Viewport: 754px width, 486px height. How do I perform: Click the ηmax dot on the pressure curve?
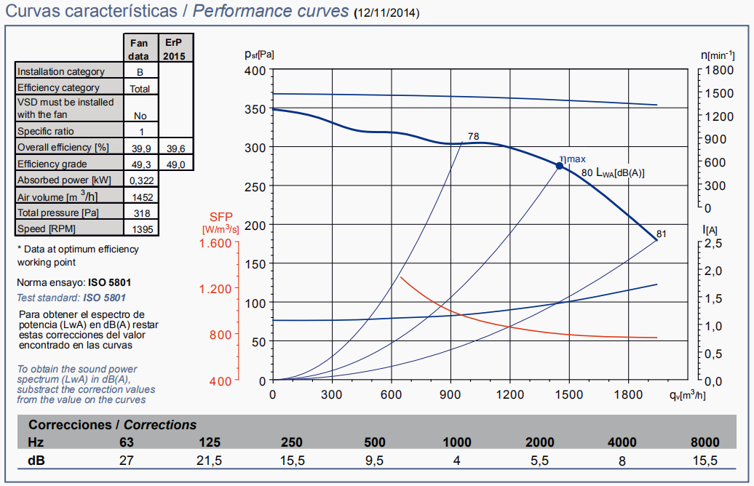coord(560,166)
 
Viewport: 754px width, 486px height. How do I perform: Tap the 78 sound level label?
coord(473,136)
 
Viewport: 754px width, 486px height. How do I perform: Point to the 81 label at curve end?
coord(661,234)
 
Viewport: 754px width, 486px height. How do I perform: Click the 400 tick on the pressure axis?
coord(256,70)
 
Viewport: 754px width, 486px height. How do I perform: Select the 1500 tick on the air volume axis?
coord(569,394)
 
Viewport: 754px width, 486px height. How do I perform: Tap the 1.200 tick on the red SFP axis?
coord(215,289)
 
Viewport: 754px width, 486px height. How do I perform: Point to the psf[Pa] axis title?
coord(260,54)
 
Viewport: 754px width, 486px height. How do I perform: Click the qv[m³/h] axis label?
coord(687,395)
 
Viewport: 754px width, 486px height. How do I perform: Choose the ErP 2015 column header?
coord(175,49)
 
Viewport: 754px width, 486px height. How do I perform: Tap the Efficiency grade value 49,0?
coord(175,164)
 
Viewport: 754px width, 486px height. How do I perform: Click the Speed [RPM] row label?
coord(46,229)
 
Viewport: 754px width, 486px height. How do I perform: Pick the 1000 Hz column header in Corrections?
coord(458,442)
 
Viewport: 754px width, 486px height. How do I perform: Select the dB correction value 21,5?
coord(210,460)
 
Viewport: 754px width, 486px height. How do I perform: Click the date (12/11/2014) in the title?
coord(386,14)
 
